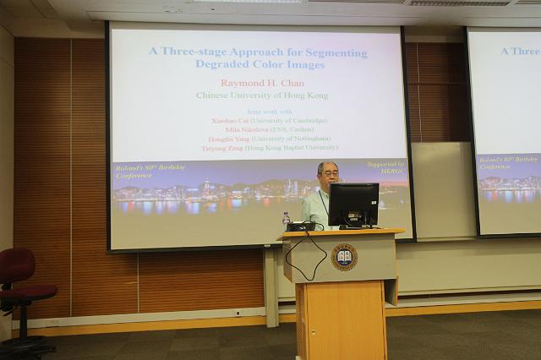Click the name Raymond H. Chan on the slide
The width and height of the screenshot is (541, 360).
[260, 83]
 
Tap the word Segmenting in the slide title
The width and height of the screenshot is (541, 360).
[336, 52]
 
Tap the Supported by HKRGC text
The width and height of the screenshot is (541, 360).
[386, 166]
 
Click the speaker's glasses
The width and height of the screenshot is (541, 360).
[330, 175]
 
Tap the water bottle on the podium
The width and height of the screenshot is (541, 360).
[286, 221]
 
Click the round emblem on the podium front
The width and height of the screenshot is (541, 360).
[344, 256]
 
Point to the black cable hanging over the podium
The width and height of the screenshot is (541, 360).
[304, 259]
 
